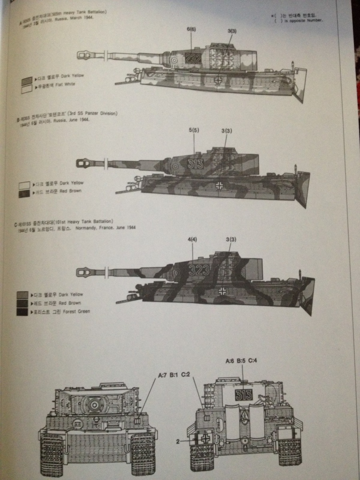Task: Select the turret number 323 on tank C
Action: (199, 270)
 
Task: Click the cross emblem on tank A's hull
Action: (218, 79)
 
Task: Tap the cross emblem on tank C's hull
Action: (222, 291)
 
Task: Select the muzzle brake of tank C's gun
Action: (84, 272)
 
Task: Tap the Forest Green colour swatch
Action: (23, 312)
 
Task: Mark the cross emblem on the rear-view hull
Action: (206, 438)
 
